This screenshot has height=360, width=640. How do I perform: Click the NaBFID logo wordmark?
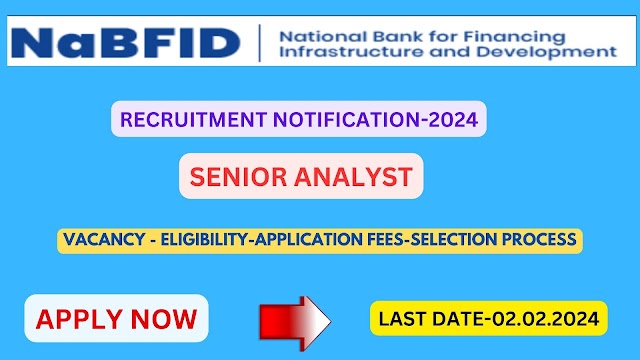pos(125,42)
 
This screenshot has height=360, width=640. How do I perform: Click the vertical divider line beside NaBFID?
pos(260,43)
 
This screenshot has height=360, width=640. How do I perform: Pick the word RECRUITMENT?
pos(193,120)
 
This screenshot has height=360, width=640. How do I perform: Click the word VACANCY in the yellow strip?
pos(104,240)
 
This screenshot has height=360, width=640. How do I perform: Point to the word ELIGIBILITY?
pos(205,240)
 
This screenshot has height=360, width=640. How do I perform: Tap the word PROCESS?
pos(539,240)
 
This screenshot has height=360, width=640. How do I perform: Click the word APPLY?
pos(79,320)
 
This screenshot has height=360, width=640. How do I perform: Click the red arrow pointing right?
pos(295,323)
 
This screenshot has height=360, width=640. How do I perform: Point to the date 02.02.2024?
pos(545,319)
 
